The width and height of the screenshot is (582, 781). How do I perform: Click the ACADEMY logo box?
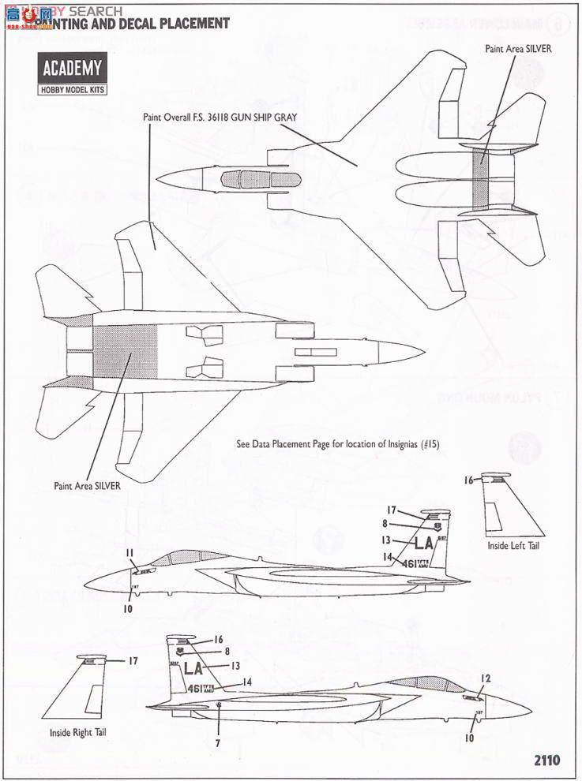71,68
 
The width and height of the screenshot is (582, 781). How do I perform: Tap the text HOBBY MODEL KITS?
71,89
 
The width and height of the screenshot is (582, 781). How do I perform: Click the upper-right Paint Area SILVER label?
518,48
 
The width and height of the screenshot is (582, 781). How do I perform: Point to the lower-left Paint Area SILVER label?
87,486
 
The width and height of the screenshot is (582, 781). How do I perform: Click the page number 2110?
546,760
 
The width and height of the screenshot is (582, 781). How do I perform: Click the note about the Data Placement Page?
337,444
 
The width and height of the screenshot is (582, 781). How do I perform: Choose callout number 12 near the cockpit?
486,678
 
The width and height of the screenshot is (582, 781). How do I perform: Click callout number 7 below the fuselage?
217,742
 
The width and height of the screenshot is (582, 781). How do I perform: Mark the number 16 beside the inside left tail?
468,480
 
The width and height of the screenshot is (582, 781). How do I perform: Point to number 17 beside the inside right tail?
133,661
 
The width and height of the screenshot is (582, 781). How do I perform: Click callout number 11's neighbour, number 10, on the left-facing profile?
129,608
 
